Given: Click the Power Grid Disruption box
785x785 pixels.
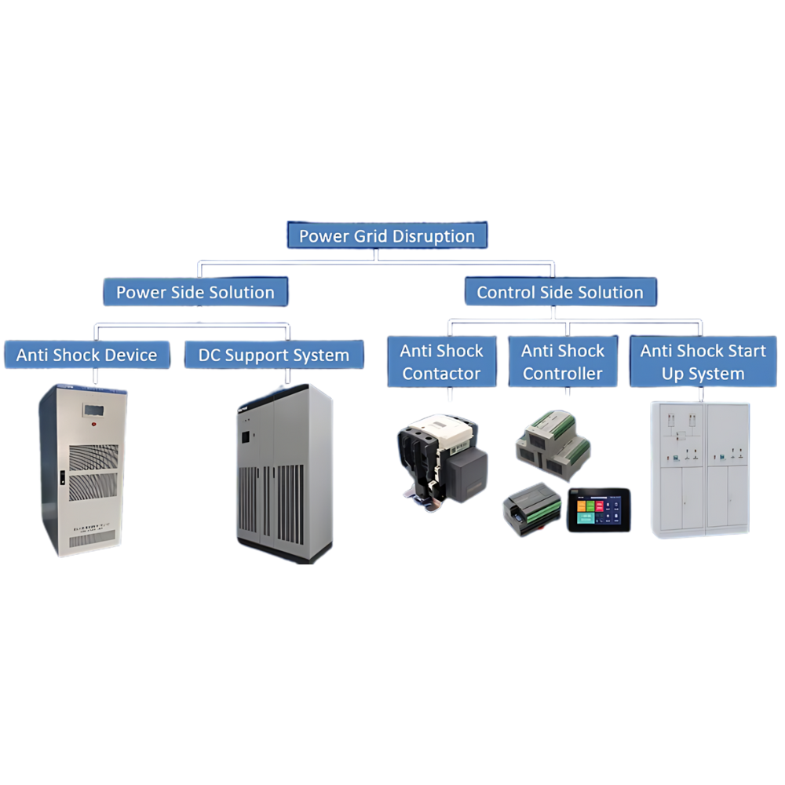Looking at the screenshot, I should pyautogui.click(x=387, y=235).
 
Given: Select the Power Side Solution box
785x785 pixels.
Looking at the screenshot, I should pyautogui.click(x=195, y=292).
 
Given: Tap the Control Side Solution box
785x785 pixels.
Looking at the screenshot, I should pyautogui.click(x=560, y=292).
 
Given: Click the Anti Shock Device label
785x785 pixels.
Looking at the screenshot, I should pyautogui.click(x=86, y=355).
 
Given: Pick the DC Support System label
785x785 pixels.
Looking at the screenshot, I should pyautogui.click(x=273, y=355).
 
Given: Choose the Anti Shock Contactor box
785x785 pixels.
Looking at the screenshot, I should pyautogui.click(x=441, y=362).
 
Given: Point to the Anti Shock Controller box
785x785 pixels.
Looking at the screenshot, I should pyautogui.click(x=564, y=362).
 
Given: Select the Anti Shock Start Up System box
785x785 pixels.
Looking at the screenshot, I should pyautogui.click(x=703, y=362).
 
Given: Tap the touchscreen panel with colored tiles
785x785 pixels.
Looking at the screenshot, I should pyautogui.click(x=599, y=509).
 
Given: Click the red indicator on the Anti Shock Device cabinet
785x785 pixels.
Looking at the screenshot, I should pyautogui.click(x=93, y=425).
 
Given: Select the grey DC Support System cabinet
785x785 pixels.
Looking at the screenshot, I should pyautogui.click(x=284, y=473).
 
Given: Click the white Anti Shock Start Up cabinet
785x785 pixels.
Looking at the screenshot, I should pyautogui.click(x=701, y=469).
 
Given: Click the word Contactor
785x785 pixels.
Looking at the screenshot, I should pyautogui.click(x=441, y=374).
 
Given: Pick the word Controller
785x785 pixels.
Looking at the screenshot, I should pyautogui.click(x=564, y=374).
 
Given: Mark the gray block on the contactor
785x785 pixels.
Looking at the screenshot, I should pyautogui.click(x=466, y=470).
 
